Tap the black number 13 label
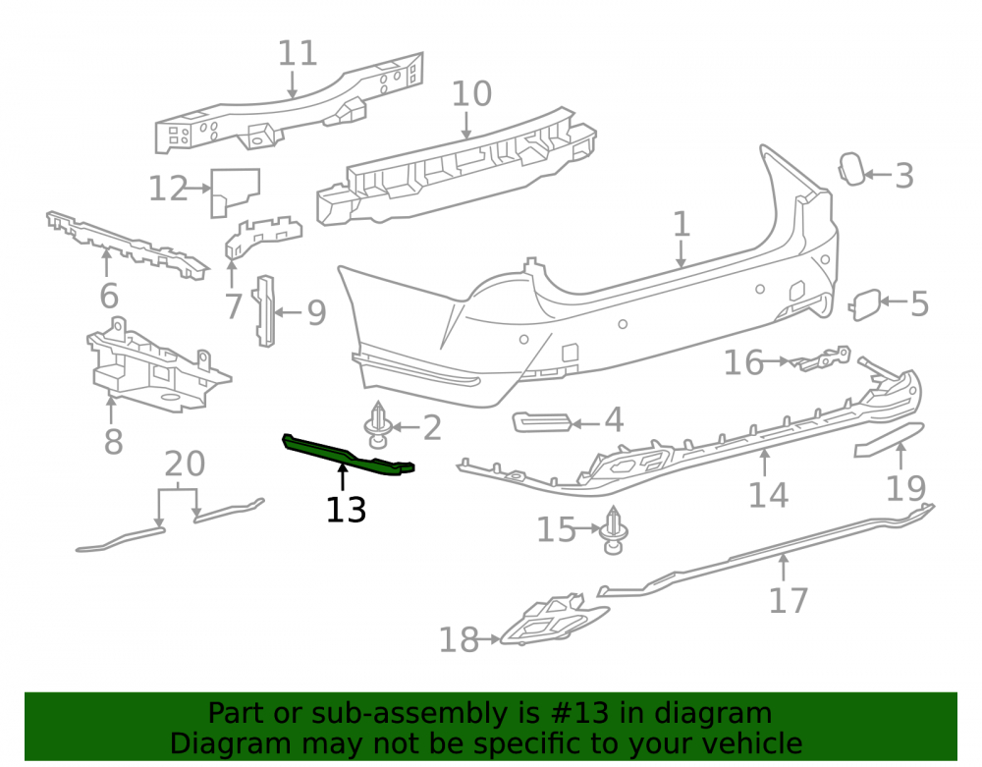pos(346,511)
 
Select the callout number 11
pos(298,53)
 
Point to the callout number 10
pos(471,94)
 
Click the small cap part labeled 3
pos(851,169)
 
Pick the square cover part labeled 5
pos(865,304)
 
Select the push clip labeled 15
pos(613,529)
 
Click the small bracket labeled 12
pos(234,192)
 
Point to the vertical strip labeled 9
pos(265,310)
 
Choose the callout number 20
pos(185,464)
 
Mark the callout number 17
pos(789,601)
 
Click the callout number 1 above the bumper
pos(682,224)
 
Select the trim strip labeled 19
pos(889,440)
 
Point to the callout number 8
pos(113,442)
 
